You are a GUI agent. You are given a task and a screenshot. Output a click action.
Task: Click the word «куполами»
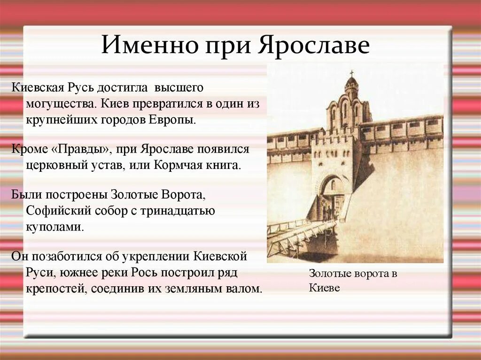pyautogui.click(x=55, y=227)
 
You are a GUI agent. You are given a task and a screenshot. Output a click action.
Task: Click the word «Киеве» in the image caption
pyautogui.click(x=324, y=288)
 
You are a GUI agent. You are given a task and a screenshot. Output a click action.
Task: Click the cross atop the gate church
pyautogui.click(x=351, y=74)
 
